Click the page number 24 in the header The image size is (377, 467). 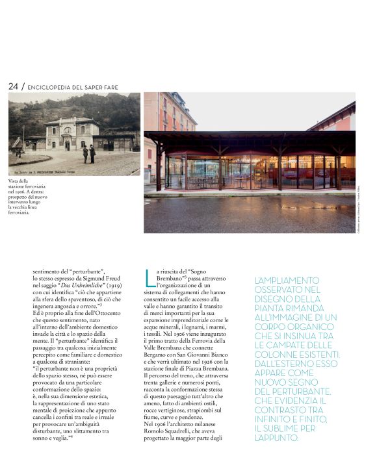[x=13, y=86]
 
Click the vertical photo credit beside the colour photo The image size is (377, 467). [x=359, y=212]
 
